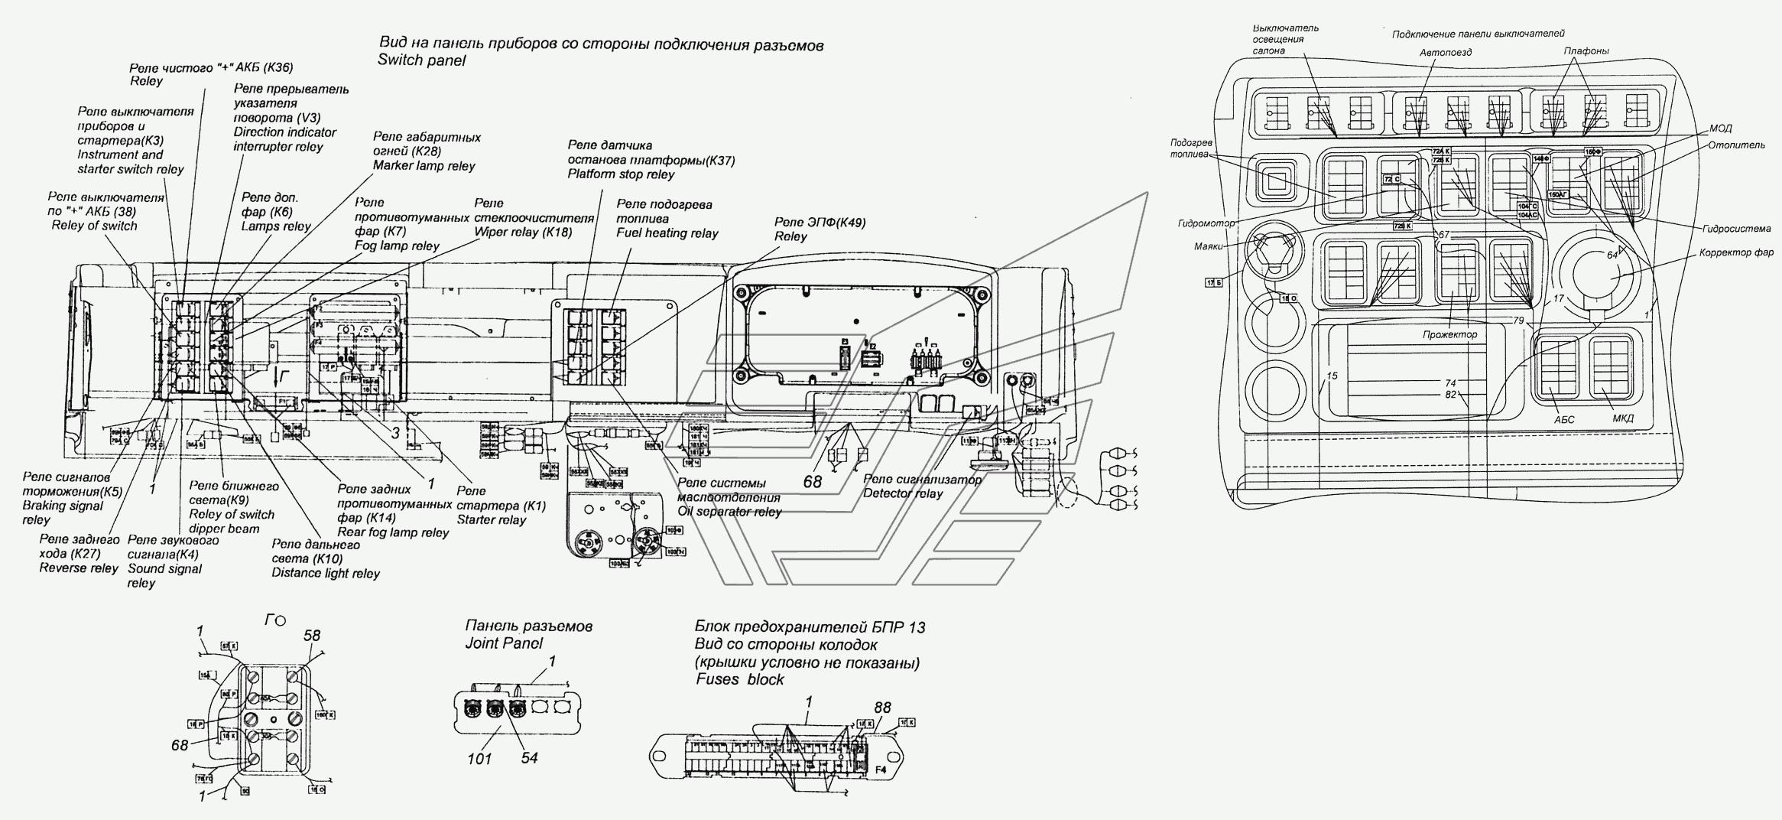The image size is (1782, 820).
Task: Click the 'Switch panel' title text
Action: (420, 60)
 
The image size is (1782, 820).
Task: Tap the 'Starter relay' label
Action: (492, 520)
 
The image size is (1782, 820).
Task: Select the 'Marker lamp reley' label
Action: (424, 166)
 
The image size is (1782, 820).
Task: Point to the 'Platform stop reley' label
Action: (621, 174)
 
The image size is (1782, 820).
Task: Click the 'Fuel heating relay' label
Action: (667, 233)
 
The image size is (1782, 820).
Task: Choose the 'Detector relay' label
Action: (902, 493)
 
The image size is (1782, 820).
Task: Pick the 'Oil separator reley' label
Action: (729, 512)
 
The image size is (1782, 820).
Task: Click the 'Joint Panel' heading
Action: (504, 643)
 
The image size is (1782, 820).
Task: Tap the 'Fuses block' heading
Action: (739, 679)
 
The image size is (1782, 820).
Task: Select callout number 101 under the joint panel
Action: (479, 759)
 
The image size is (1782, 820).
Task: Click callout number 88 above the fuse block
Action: (882, 708)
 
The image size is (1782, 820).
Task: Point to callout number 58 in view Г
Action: (311, 636)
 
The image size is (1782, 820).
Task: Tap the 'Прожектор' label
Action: (1449, 335)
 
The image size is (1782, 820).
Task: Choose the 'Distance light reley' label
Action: (326, 573)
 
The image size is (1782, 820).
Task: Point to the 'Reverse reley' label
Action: (79, 568)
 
